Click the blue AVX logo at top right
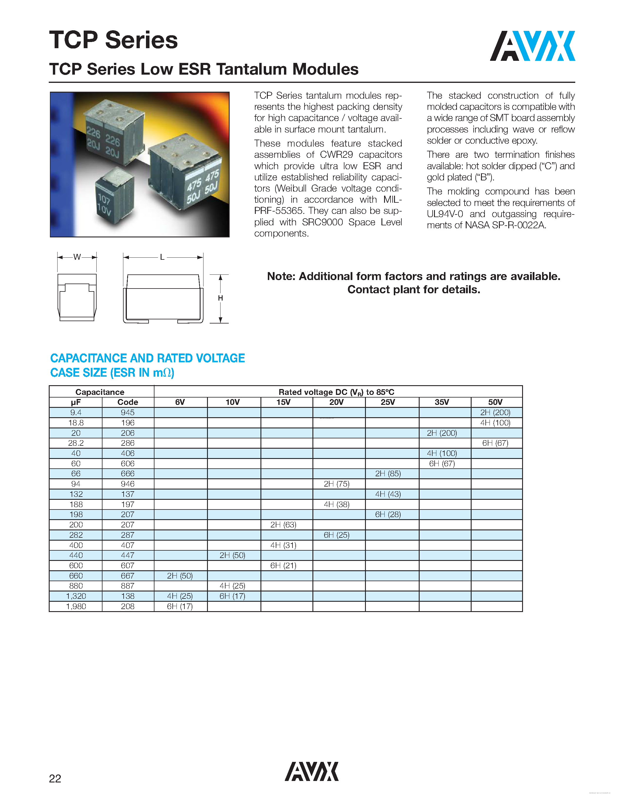coord(532,46)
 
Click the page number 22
coord(55,778)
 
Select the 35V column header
coord(442,402)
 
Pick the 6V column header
coord(180,402)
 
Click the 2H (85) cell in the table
coord(388,474)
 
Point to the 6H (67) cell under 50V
coord(495,443)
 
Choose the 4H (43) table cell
coord(388,494)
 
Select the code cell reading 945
coord(127,413)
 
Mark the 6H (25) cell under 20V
coord(337,535)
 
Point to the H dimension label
coord(220,298)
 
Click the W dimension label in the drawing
coord(77,257)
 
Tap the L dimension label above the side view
coord(162,257)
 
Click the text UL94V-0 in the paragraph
coord(445,214)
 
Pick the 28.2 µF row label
coord(76,443)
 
